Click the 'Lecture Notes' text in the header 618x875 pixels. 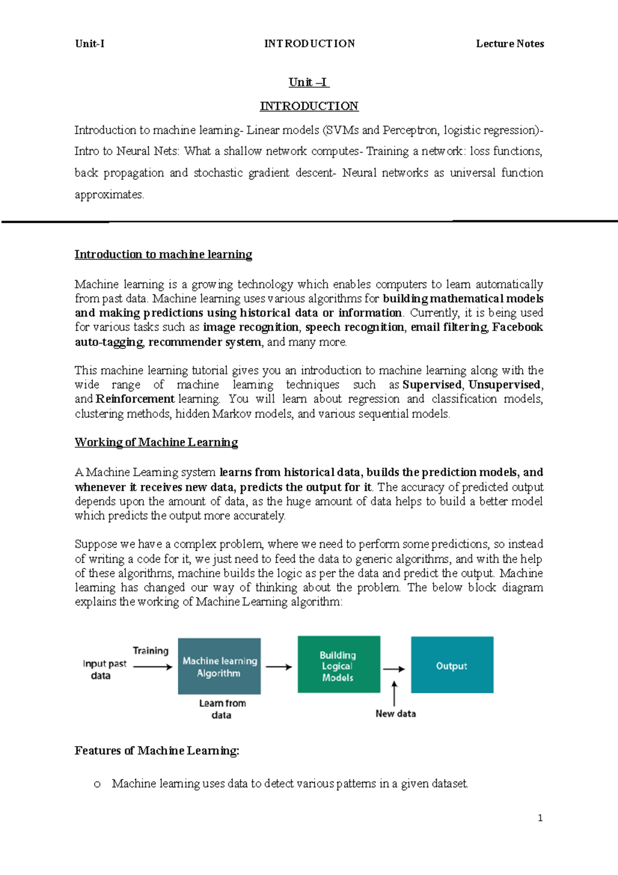510,44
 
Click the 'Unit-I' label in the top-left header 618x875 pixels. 90,44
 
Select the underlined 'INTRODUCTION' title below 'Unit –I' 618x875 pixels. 309,106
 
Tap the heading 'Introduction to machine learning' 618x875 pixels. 163,255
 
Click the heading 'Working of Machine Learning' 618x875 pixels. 156,442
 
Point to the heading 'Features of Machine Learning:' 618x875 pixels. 157,751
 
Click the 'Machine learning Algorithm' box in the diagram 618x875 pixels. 219,666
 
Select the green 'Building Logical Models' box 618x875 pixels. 338,665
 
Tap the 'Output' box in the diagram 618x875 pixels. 452,665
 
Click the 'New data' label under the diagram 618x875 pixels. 396,714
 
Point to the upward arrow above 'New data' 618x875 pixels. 394,693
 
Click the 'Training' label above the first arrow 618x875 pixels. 150,651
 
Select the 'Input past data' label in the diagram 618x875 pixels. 104,669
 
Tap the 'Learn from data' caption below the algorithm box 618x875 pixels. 222,709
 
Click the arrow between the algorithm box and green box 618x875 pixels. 279,667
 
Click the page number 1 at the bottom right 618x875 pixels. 540,818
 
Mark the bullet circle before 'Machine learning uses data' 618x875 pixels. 97,784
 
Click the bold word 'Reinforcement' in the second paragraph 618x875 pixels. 135,399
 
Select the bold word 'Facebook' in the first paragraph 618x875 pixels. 517,327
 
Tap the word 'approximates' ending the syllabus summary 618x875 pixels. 109,195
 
